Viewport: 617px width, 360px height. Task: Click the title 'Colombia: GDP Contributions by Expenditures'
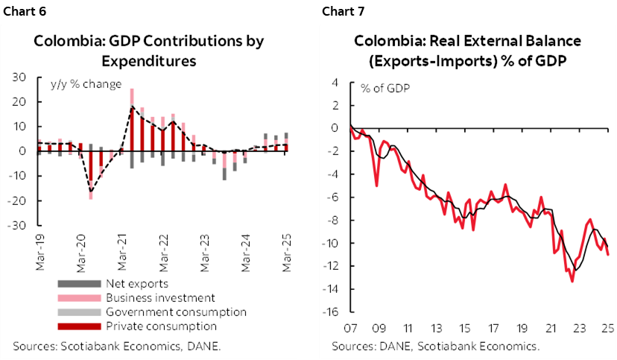(149, 50)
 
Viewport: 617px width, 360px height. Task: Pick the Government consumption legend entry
(176, 312)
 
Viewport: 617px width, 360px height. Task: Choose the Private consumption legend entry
(161, 326)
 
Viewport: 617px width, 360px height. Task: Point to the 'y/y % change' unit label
(86, 84)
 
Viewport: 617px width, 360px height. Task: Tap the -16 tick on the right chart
(332, 312)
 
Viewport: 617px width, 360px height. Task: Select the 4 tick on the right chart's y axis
(336, 82)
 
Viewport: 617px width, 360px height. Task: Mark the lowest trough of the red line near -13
(572, 281)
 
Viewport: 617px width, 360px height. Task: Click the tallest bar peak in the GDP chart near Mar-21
(132, 89)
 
